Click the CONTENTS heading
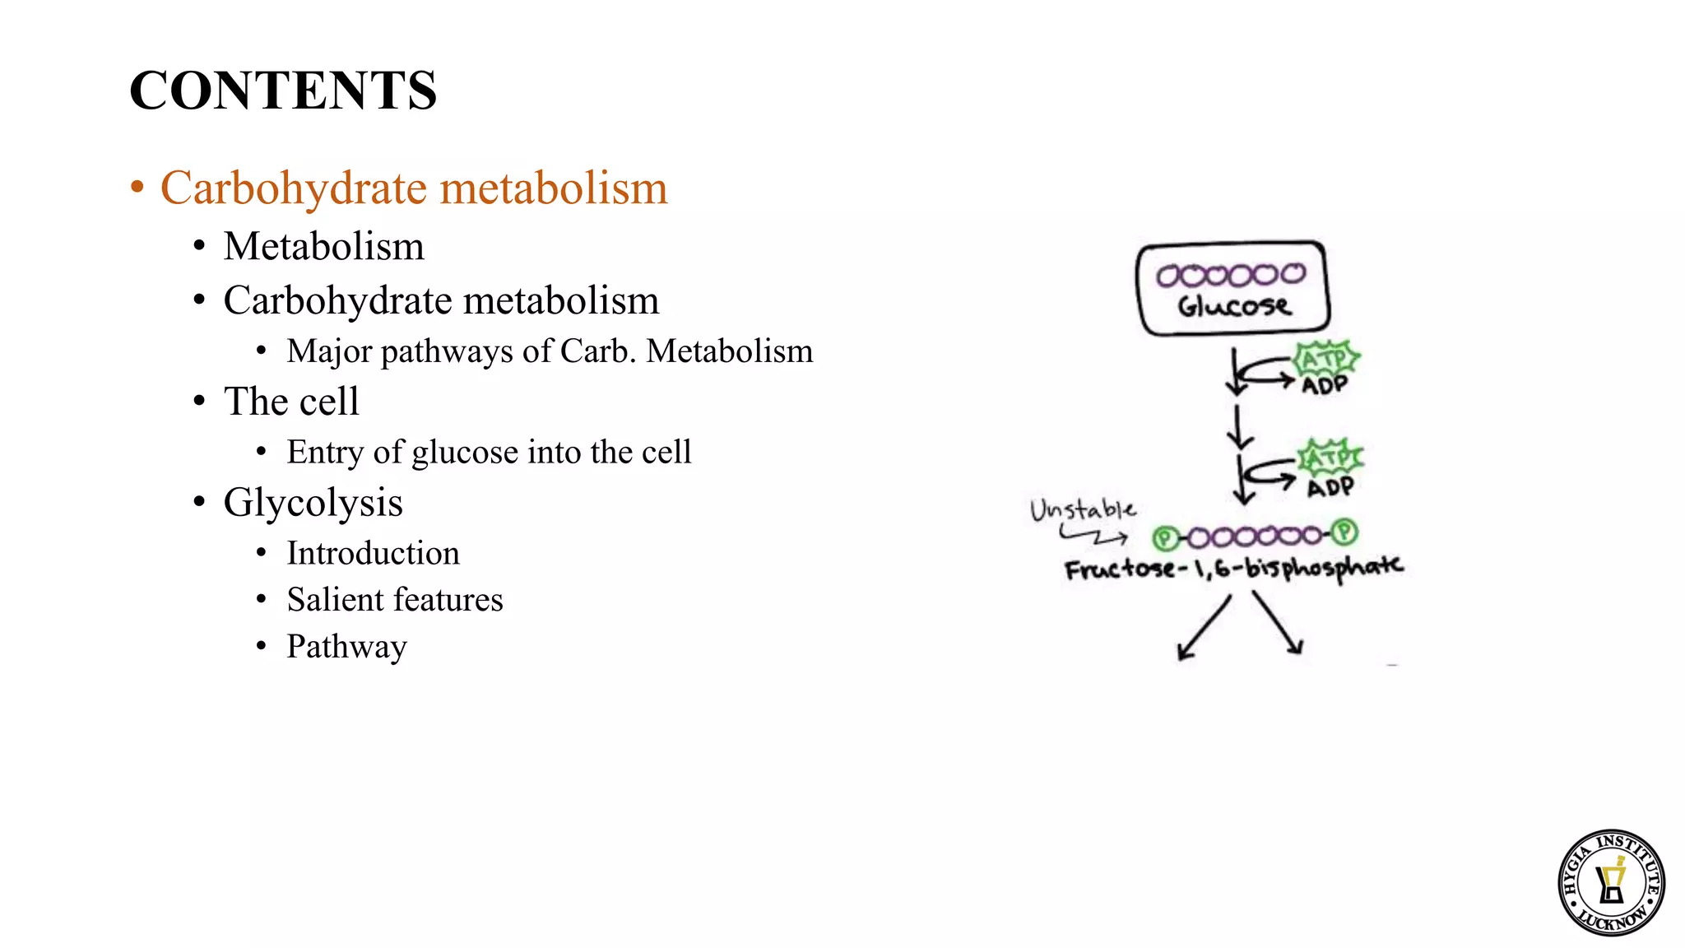[x=282, y=90]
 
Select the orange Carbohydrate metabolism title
[x=413, y=188]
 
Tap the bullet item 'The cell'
[x=291, y=402]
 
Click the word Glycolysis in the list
[x=313, y=502]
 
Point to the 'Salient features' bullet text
[x=394, y=599]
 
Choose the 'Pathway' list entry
[x=346, y=646]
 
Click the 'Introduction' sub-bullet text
[x=373, y=553]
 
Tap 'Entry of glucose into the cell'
[x=489, y=452]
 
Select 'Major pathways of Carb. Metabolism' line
[x=549, y=351]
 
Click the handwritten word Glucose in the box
[x=1233, y=306]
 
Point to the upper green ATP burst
[x=1325, y=359]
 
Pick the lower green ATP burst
[x=1330, y=457]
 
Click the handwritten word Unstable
[x=1083, y=510]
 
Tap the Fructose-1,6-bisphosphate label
[x=1232, y=568]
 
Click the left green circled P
[x=1164, y=538]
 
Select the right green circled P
[x=1344, y=532]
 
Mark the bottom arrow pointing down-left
[x=1203, y=628]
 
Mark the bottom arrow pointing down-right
[x=1278, y=624]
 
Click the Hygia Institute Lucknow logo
[x=1611, y=882]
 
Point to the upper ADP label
[x=1324, y=385]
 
